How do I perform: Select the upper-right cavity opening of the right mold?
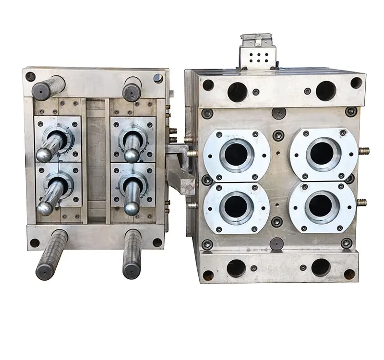pos(322,153)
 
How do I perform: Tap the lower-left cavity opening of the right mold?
pos(236,207)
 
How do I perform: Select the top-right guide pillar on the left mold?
pos(132,89)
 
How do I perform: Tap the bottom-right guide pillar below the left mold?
pos(132,254)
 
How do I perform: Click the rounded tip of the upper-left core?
pos(44,155)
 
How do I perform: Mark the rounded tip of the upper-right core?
pos(132,155)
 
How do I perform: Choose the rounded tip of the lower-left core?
pos(45,208)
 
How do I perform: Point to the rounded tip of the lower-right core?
pos(132,208)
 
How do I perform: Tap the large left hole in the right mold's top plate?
pos(237,92)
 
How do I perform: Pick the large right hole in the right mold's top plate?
pos(325,91)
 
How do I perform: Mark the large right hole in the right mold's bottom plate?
pos(321,267)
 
